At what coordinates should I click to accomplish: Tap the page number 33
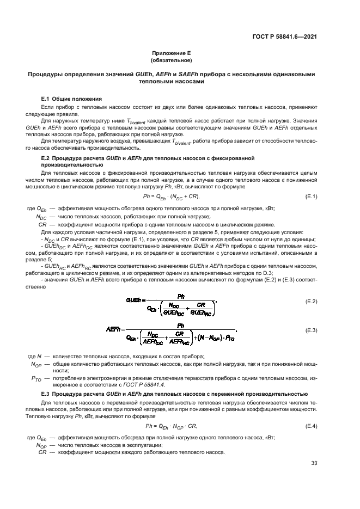(314, 463)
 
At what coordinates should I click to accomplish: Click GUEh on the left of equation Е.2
(134, 299)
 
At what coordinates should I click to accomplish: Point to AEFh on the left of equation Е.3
(115, 330)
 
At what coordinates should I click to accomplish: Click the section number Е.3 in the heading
(46, 394)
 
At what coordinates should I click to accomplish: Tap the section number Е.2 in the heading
(46, 157)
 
